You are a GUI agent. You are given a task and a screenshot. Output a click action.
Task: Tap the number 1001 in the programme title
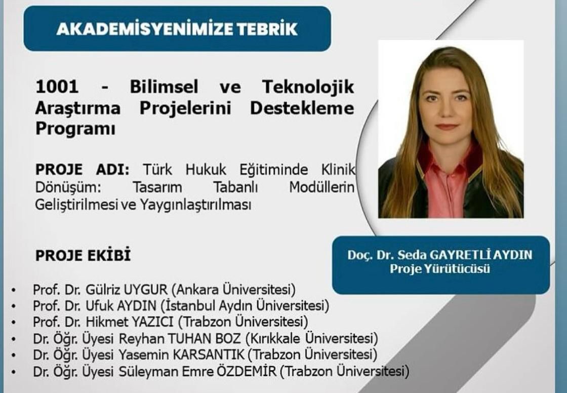tap(57, 87)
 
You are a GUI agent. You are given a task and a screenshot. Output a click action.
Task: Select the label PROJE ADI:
tap(82, 169)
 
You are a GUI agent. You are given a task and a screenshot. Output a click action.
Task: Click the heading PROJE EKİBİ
tap(83, 255)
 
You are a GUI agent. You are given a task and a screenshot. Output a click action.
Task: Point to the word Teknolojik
tap(308, 87)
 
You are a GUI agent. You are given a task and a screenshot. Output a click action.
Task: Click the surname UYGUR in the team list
tap(145, 290)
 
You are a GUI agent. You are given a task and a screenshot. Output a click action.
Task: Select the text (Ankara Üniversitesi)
tap(233, 290)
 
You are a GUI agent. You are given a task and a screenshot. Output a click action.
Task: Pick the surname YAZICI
tap(151, 322)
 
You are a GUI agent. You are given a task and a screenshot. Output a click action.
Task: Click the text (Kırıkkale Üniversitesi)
tap(311, 338)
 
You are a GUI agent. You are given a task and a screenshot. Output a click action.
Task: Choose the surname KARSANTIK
tap(209, 355)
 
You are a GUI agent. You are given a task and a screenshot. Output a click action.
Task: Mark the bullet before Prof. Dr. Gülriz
tap(14, 290)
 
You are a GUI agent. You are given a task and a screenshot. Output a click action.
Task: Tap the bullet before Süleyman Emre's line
tap(14, 372)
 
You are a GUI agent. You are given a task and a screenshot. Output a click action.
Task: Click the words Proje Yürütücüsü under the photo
tap(440, 269)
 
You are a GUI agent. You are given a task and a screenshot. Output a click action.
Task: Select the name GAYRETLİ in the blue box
tap(458, 255)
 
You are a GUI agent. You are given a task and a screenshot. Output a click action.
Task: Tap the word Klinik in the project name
tap(338, 169)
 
